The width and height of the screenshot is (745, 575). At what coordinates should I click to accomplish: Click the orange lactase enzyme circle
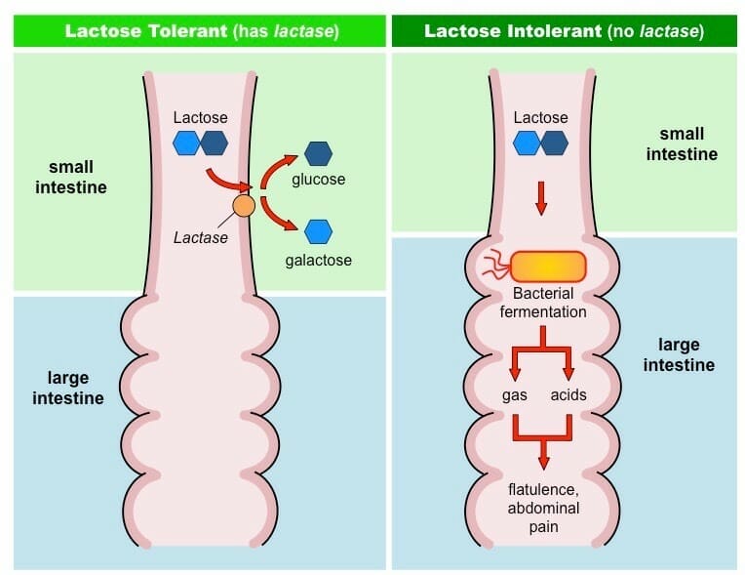pos(244,206)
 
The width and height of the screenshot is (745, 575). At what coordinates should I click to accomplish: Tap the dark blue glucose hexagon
pos(318,153)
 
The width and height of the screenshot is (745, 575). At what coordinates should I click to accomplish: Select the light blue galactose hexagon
pos(318,231)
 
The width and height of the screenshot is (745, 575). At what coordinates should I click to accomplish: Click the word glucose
pos(319,180)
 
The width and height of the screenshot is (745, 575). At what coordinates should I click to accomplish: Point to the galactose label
pos(319,260)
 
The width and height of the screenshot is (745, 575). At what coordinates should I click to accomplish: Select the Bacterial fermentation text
pos(542,304)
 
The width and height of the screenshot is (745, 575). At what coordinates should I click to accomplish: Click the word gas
pos(514,394)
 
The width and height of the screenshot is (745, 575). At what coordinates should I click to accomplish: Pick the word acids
pos(569,394)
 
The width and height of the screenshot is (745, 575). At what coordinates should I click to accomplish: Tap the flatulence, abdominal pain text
pos(542,507)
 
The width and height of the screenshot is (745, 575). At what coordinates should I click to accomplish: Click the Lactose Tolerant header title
pos(201,30)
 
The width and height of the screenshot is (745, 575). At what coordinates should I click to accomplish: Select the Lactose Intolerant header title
pos(564,30)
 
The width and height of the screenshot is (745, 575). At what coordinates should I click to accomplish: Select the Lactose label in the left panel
pos(200,117)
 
